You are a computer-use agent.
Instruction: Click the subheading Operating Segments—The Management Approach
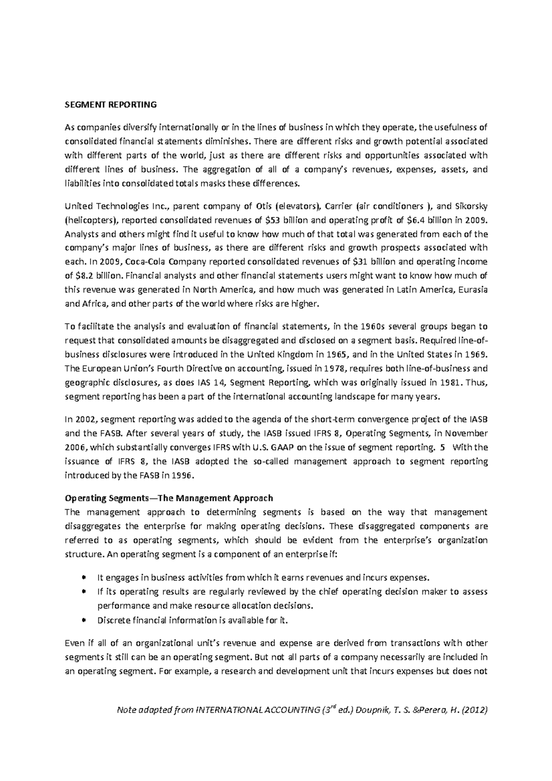tap(169, 498)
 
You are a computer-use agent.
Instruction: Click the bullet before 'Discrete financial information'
tap(83, 620)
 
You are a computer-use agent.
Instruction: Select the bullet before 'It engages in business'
tap(83, 578)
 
